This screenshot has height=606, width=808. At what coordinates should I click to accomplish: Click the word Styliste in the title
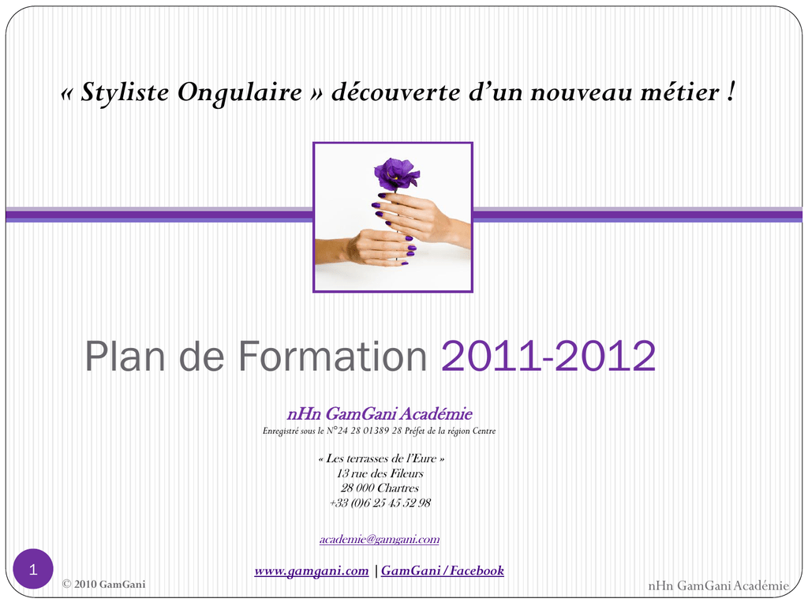(x=125, y=93)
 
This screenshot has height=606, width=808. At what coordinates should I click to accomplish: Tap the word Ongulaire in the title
(x=240, y=93)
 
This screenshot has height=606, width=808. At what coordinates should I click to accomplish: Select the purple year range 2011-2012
(x=548, y=356)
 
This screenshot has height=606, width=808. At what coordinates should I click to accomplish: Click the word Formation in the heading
(x=333, y=356)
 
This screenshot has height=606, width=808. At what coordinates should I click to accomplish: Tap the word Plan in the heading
(x=125, y=356)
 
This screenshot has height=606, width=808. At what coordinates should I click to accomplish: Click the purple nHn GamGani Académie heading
(x=380, y=413)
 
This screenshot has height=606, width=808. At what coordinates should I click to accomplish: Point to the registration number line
(x=380, y=431)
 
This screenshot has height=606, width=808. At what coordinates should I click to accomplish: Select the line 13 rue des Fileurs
(x=380, y=473)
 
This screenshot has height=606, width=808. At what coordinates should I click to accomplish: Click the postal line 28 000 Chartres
(x=380, y=488)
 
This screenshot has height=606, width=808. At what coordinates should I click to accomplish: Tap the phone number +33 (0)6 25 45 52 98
(x=380, y=503)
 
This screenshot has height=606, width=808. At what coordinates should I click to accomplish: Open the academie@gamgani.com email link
(x=380, y=540)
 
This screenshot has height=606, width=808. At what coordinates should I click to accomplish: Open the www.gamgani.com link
(x=312, y=571)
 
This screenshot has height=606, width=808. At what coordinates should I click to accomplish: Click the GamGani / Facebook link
(x=443, y=570)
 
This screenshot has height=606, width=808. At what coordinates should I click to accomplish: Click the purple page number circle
(x=33, y=569)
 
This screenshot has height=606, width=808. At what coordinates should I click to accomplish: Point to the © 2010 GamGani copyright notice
(x=103, y=585)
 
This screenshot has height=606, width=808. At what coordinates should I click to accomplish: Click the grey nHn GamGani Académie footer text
(x=718, y=585)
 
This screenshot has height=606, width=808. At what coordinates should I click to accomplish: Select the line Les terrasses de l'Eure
(x=381, y=458)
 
